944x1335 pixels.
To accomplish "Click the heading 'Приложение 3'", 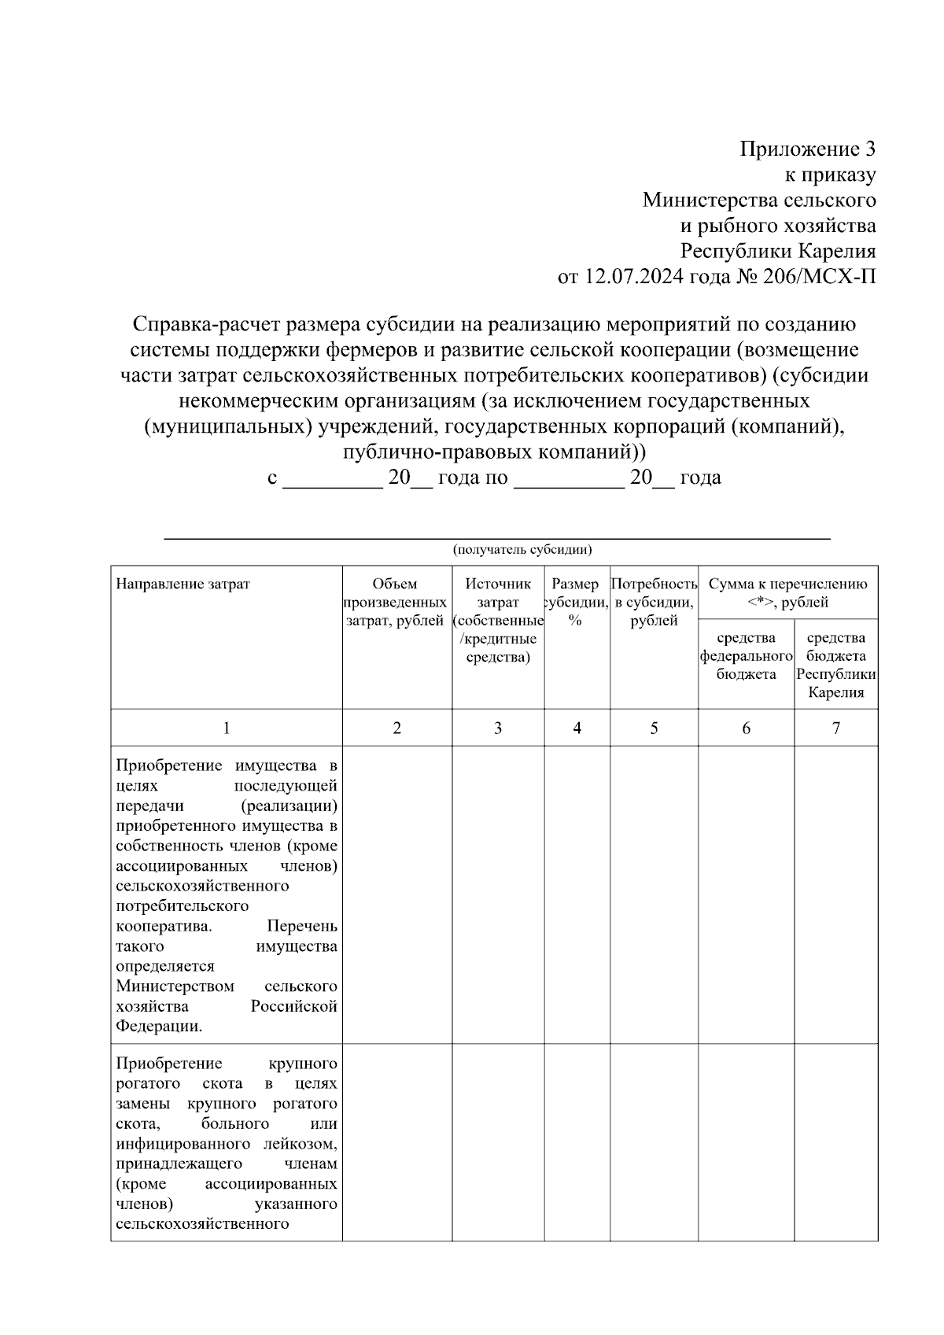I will coord(807,149).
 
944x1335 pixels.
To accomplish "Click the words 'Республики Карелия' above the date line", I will coord(778,251).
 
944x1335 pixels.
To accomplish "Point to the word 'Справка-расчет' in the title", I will coord(205,323).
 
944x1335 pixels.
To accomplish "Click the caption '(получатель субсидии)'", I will coord(522,550).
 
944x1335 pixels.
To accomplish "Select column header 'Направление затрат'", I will coord(183,584).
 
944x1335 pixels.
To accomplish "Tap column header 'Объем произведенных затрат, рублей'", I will coord(396,603).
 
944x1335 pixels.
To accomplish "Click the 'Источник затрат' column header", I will coord(498,620).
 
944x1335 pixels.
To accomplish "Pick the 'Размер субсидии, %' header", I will coord(576,602).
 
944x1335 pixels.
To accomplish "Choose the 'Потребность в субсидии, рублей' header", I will coord(654,603).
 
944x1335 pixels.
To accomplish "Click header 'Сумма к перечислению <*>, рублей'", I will coord(787,592).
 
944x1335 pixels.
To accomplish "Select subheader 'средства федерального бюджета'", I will coord(746,655).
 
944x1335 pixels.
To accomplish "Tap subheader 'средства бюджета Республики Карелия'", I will coord(835,665).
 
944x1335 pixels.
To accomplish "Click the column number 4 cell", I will coord(577,728).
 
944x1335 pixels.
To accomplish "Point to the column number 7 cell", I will coord(835,728).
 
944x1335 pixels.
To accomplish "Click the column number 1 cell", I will coord(227,728).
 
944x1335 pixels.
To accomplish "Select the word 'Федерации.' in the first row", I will coord(159,1026).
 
